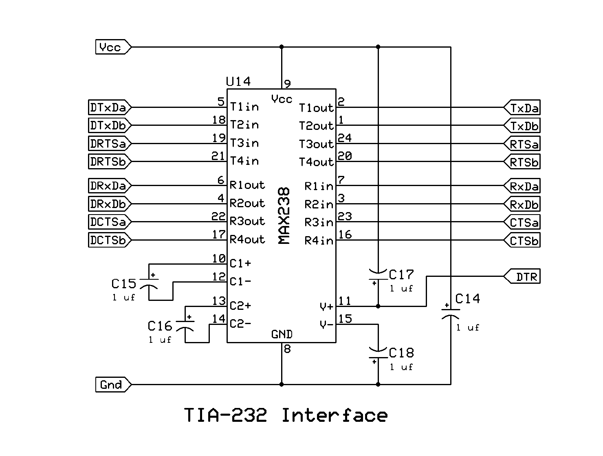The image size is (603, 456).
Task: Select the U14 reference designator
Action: click(x=238, y=82)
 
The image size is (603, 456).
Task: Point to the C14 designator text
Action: click(x=468, y=299)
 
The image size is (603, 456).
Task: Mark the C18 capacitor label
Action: click(x=401, y=353)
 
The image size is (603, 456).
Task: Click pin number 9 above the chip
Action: click(x=288, y=84)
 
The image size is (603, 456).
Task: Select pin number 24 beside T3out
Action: click(x=345, y=138)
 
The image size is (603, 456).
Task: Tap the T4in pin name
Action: click(x=244, y=161)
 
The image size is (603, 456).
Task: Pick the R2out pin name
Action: click(x=247, y=203)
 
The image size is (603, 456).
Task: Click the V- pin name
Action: click(x=327, y=324)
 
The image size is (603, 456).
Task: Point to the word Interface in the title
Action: click(x=335, y=416)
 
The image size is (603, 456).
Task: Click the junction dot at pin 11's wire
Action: click(x=378, y=306)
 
